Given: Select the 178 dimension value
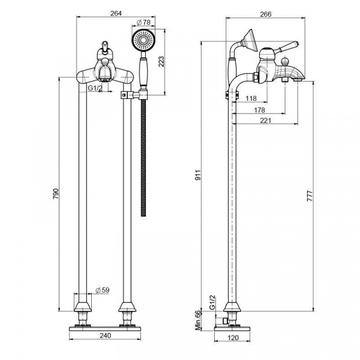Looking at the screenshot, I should click(x=259, y=110).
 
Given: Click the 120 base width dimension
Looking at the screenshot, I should click(x=231, y=338).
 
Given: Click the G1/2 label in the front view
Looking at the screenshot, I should click(x=94, y=88).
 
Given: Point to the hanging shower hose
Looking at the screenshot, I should click(x=143, y=156).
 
